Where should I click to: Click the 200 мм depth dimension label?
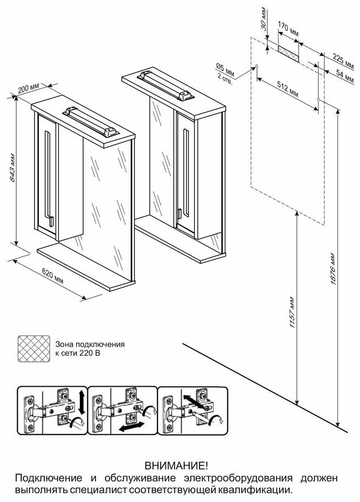(28, 88)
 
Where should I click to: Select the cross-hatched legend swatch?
(33, 348)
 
